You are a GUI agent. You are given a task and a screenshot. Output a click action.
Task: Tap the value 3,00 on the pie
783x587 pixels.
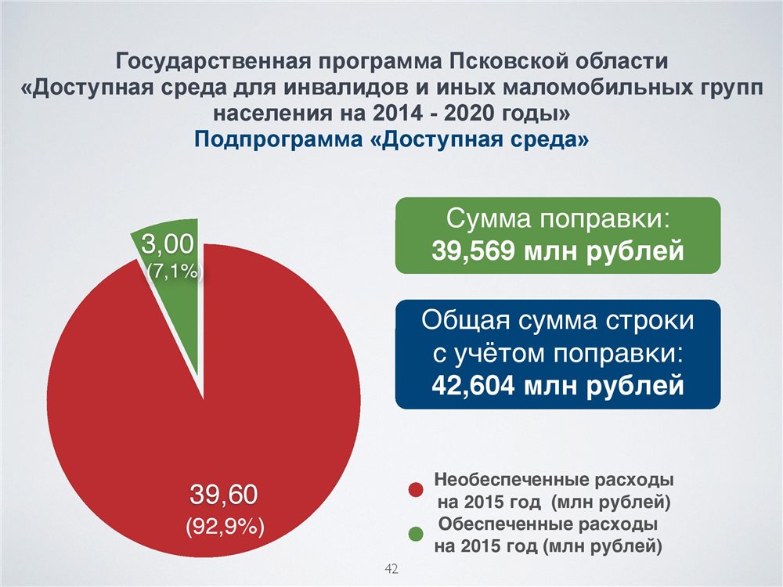(x=168, y=244)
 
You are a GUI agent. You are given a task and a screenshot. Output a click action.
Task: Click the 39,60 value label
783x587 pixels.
(x=224, y=495)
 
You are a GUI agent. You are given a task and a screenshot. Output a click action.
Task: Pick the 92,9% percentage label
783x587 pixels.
(x=225, y=526)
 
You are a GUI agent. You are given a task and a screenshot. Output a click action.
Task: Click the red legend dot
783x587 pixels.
(x=416, y=490)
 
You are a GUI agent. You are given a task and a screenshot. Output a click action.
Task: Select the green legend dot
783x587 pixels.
(x=416, y=534)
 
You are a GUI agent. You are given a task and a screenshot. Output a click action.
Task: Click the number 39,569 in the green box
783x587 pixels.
(x=472, y=250)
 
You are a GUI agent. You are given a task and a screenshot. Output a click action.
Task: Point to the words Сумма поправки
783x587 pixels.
(x=557, y=219)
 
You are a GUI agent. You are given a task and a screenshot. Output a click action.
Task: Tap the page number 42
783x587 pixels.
(x=391, y=568)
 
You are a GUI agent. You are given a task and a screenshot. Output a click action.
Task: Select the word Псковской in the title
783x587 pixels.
(x=507, y=61)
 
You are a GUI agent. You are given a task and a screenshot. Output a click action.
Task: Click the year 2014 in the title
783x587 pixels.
(x=395, y=113)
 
